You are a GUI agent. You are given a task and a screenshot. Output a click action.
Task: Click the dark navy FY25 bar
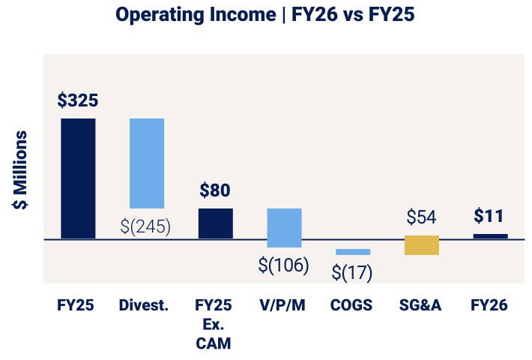(x=78, y=178)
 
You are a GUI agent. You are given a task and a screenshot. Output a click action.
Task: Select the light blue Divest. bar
(x=147, y=163)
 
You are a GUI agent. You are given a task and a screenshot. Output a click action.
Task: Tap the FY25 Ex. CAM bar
(x=216, y=223)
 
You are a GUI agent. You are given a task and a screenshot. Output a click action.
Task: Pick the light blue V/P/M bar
(x=285, y=227)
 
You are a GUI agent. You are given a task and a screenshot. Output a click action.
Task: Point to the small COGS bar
(x=353, y=252)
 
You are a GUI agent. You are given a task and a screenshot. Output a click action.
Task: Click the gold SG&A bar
(x=421, y=245)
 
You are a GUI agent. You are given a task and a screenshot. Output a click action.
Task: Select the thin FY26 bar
(x=490, y=236)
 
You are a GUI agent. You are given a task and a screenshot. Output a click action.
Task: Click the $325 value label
(x=78, y=100)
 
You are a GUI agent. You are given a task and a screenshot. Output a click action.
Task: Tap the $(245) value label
(x=146, y=225)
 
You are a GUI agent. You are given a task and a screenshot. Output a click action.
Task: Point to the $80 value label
(x=215, y=190)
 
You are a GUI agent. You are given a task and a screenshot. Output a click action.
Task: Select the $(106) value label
(x=284, y=265)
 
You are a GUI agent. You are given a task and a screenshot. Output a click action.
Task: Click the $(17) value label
(x=353, y=272)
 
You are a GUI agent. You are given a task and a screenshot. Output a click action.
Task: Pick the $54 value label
(x=421, y=217)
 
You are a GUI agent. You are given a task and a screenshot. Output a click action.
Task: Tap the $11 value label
(x=490, y=217)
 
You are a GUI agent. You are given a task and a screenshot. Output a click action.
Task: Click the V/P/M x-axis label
(x=284, y=305)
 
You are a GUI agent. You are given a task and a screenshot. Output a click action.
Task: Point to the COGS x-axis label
(x=352, y=305)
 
